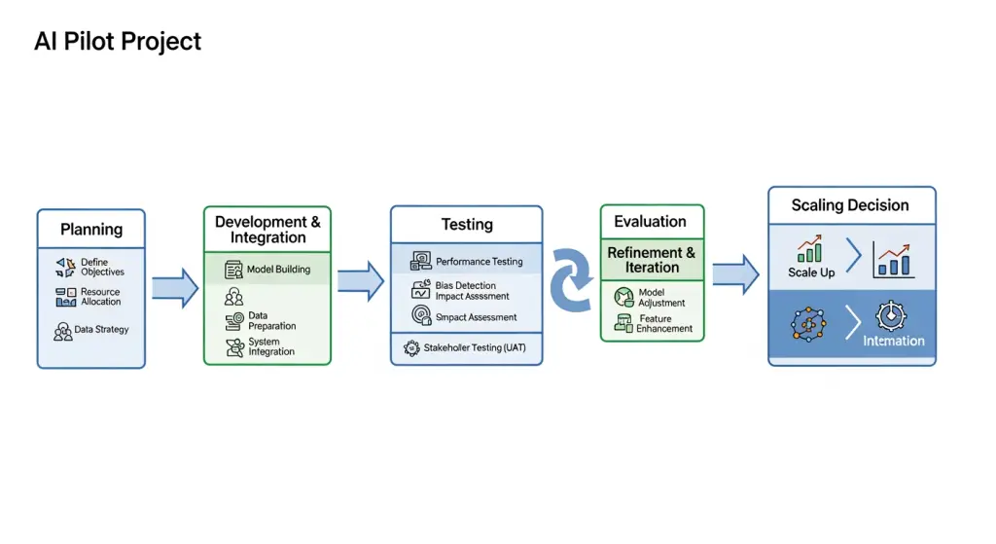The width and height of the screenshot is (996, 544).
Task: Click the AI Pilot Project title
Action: tap(118, 42)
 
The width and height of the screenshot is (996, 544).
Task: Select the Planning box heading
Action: tap(91, 230)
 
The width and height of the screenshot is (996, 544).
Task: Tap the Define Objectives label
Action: tap(102, 267)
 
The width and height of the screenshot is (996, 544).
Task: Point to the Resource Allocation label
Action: tap(101, 297)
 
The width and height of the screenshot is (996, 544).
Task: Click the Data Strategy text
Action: tap(101, 330)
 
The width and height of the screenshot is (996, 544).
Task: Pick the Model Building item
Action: tap(278, 270)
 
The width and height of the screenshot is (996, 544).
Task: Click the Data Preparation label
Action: tap(271, 321)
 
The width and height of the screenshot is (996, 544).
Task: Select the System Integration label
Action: tap(271, 346)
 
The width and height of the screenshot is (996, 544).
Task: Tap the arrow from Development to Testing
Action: tap(360, 280)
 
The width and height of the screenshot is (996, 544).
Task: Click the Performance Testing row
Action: tap(479, 262)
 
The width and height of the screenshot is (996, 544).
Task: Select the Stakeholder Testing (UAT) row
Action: tap(475, 347)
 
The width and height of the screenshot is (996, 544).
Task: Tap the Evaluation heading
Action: tap(651, 222)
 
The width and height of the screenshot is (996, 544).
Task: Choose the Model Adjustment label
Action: tap(661, 298)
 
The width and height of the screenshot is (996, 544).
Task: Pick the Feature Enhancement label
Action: tap(664, 324)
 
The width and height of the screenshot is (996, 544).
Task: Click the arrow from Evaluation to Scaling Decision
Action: tap(735, 273)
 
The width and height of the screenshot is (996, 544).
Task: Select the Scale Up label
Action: tap(811, 272)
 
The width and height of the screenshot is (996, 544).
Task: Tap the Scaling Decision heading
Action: tap(850, 205)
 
